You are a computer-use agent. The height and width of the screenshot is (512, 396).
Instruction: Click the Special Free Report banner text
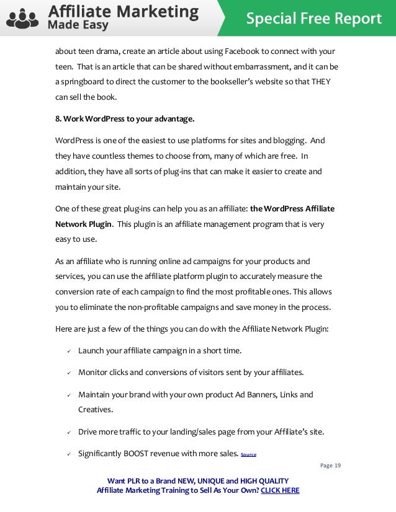(x=313, y=19)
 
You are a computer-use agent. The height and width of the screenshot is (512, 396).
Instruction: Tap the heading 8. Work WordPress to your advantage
(x=125, y=118)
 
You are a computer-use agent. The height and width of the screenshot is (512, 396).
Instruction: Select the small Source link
(x=248, y=454)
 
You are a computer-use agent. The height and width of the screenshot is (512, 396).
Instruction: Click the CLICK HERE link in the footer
(x=280, y=490)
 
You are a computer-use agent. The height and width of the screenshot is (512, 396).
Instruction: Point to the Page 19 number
(x=331, y=466)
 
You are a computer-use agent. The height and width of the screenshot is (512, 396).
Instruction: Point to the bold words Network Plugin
(x=84, y=223)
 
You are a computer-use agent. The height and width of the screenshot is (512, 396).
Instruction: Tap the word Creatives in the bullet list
(x=96, y=410)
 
